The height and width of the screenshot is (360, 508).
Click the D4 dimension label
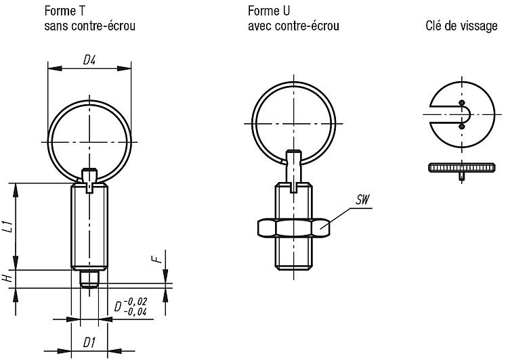[89, 60]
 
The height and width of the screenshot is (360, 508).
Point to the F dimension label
[157, 258]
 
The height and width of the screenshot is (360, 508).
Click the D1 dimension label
[89, 342]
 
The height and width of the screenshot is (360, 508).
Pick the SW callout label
[362, 200]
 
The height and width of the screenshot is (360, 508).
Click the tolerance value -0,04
[137, 311]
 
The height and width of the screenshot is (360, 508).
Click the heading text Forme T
[65, 11]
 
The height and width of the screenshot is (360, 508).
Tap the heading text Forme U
[269, 11]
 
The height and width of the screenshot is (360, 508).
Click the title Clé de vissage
[461, 26]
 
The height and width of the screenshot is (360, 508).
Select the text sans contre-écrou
[89, 26]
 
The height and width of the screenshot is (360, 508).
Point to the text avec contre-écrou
[293, 26]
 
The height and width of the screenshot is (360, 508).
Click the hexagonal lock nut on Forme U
[293, 227]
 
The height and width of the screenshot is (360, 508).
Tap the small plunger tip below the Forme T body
[89, 279]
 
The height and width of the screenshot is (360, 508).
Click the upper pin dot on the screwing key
[462, 103]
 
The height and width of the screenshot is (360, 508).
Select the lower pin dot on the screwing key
[461, 127]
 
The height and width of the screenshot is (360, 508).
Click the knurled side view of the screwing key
[462, 167]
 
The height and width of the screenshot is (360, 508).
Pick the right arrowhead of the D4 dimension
[124, 68]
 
